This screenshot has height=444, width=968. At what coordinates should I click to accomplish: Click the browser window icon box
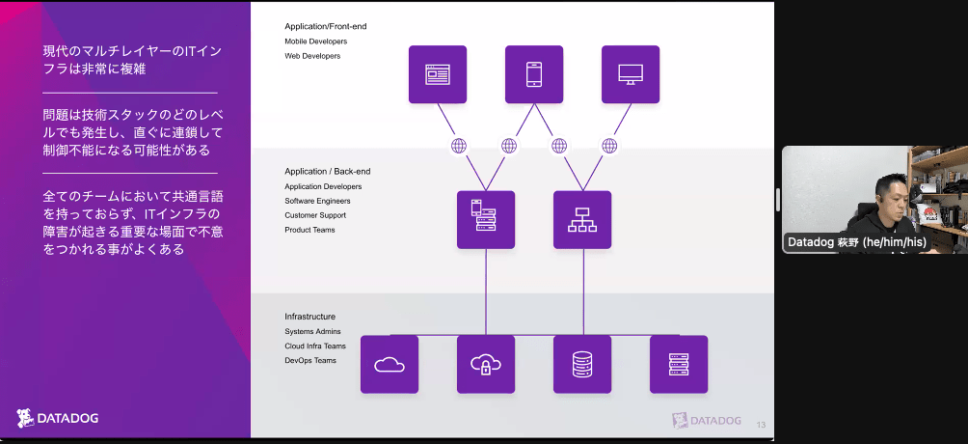tap(438, 74)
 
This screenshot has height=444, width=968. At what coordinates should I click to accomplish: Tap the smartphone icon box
tap(534, 74)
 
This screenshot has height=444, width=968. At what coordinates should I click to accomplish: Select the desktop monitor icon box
tap(631, 74)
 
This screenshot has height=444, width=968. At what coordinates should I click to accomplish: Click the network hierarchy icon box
tap(582, 219)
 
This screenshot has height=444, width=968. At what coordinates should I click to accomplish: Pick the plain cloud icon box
tap(390, 364)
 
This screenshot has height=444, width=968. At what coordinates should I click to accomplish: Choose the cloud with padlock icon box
tap(486, 364)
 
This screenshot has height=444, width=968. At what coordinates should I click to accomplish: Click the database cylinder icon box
tap(582, 364)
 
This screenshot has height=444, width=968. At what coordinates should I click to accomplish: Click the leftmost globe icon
tap(459, 146)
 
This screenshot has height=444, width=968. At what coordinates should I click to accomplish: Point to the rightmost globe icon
tap(609, 146)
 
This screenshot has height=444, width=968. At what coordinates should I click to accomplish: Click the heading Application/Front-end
tap(326, 26)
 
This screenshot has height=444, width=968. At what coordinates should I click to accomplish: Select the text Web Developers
tap(312, 56)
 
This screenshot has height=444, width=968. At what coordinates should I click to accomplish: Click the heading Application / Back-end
tap(328, 171)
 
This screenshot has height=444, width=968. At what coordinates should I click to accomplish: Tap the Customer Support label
tap(315, 215)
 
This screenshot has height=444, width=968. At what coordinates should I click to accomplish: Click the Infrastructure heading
tap(310, 317)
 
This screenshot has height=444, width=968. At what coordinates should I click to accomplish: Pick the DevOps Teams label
tap(310, 360)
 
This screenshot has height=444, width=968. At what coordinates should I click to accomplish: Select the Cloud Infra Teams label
tap(315, 346)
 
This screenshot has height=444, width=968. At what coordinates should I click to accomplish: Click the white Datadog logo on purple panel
tap(58, 418)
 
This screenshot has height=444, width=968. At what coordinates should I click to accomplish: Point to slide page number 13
tap(761, 425)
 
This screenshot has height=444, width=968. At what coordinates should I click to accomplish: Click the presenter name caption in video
tap(856, 242)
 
